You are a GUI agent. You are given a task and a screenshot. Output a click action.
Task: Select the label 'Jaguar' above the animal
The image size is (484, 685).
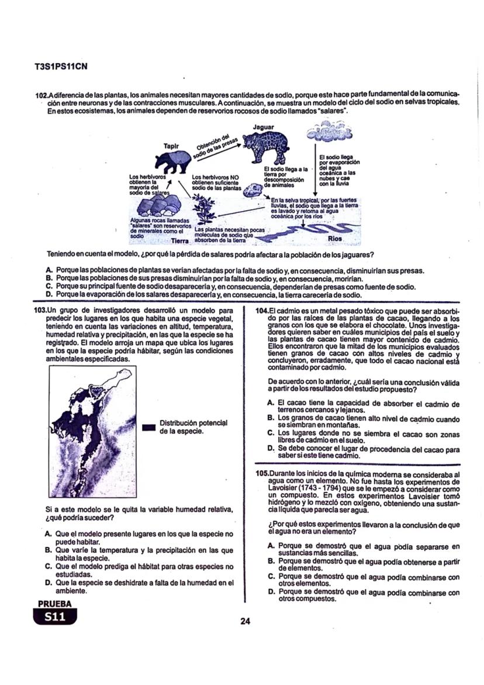(264, 126)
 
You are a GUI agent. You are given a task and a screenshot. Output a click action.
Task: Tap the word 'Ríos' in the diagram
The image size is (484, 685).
(335, 239)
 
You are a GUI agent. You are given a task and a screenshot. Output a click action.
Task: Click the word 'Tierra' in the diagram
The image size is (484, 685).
(181, 240)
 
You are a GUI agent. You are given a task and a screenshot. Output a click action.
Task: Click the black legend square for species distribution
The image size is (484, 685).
(148, 428)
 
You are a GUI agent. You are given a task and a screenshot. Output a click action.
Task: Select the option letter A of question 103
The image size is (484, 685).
(48, 534)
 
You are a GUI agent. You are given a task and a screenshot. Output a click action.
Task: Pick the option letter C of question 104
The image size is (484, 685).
(271, 433)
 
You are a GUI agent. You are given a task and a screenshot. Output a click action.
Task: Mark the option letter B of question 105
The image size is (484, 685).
(271, 560)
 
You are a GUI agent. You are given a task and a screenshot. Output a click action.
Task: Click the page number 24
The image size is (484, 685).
(245, 621)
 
